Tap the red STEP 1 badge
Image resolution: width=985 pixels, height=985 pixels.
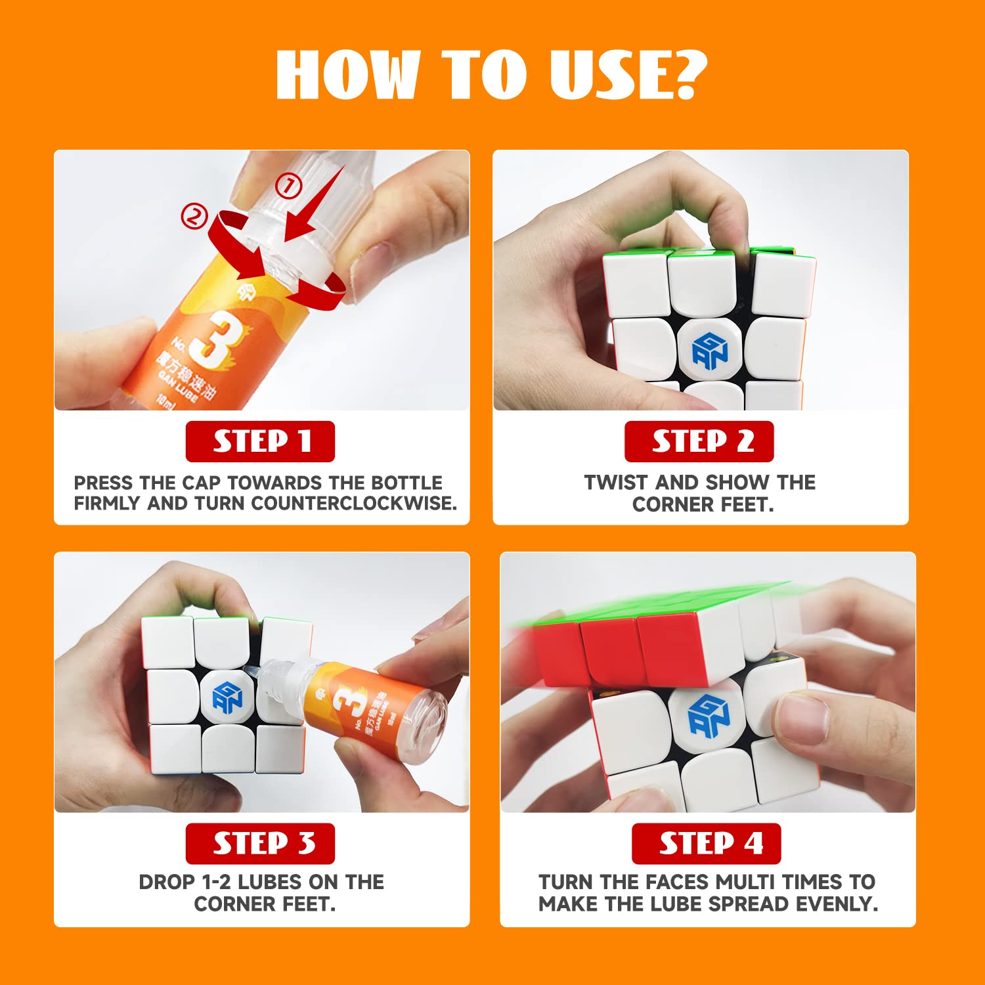(260, 441)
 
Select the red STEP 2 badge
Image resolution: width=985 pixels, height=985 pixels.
(699, 441)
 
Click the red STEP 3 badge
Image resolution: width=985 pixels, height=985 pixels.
(260, 843)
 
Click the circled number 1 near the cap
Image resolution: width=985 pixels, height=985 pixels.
(287, 186)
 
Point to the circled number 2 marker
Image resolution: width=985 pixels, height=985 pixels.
(194, 215)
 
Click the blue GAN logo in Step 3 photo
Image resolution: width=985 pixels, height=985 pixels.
(227, 697)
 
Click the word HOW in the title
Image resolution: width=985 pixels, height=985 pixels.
(348, 74)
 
